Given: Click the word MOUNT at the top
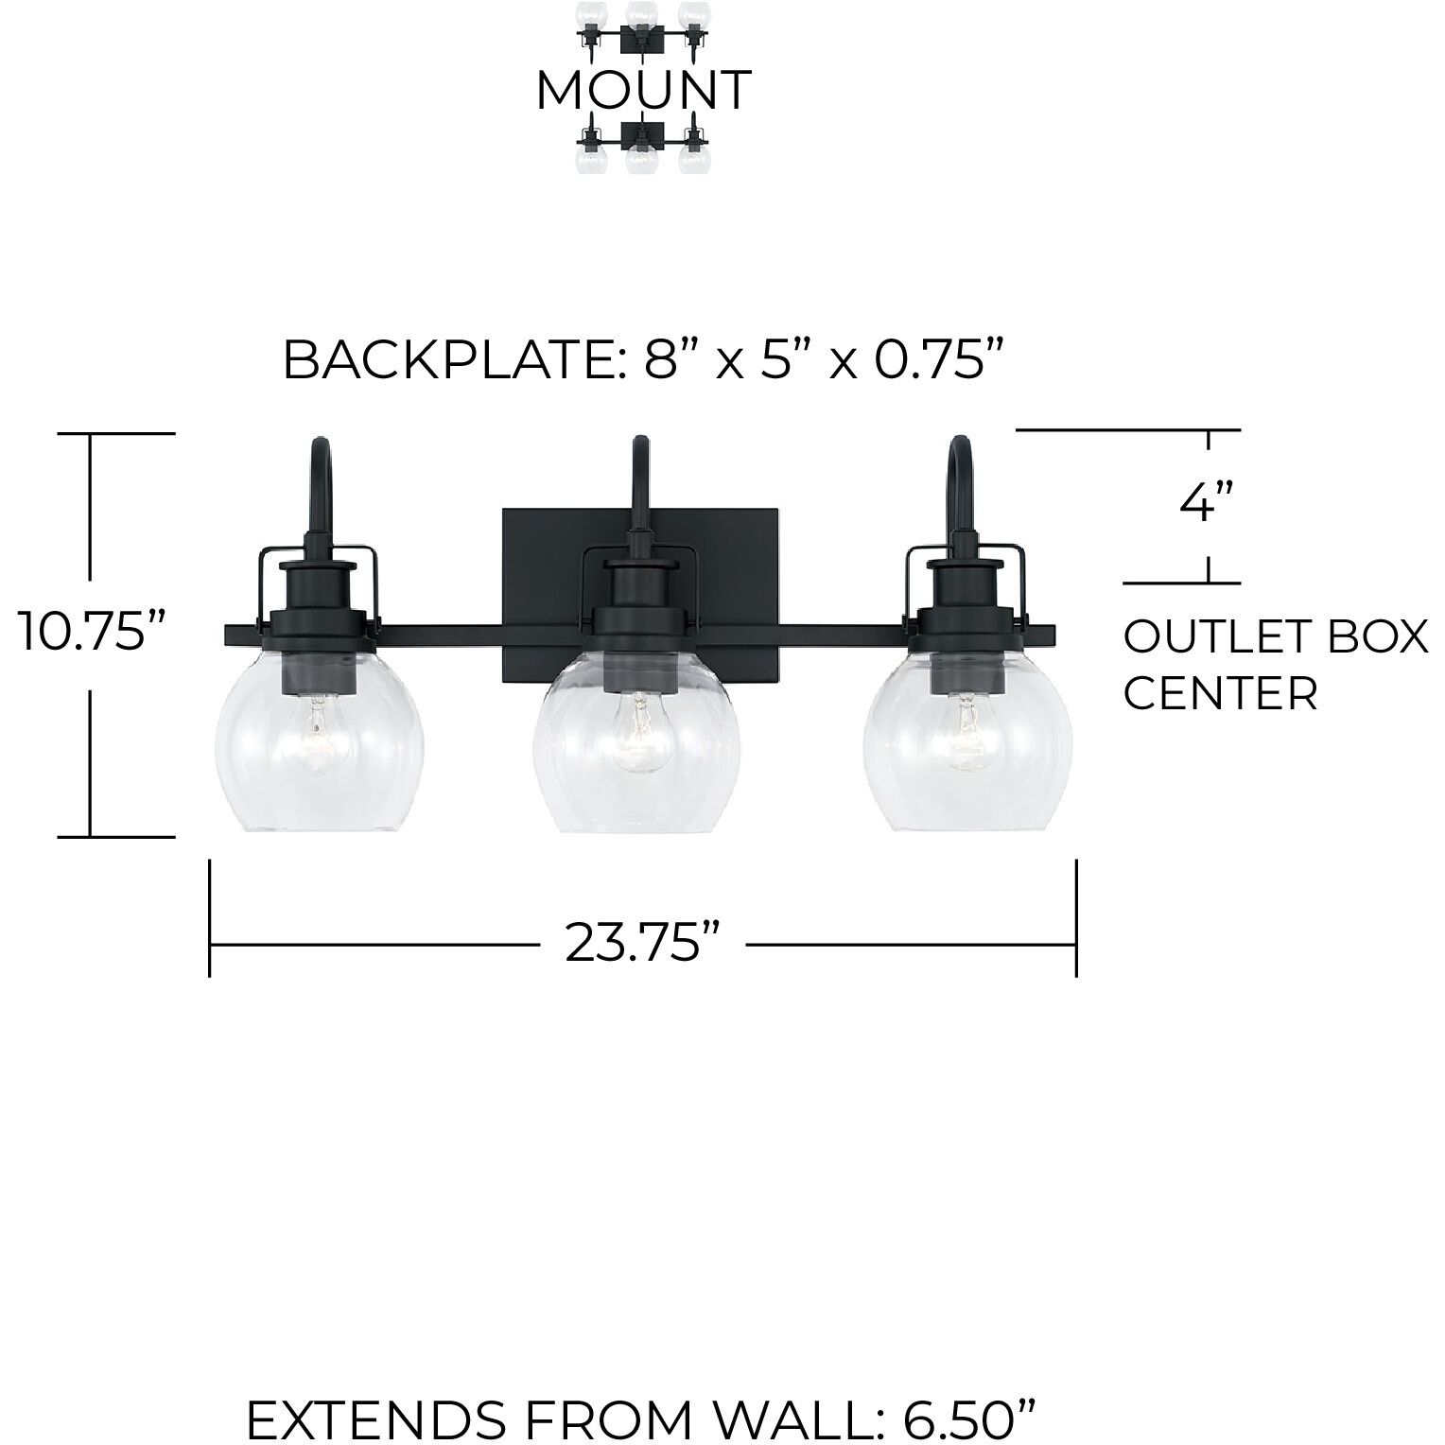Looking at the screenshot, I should pos(643,91).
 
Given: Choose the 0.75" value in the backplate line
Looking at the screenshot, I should pos(936,360).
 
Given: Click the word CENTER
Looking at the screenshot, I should pos(1220,694).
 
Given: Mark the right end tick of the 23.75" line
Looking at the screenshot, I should pos(1076,917).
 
